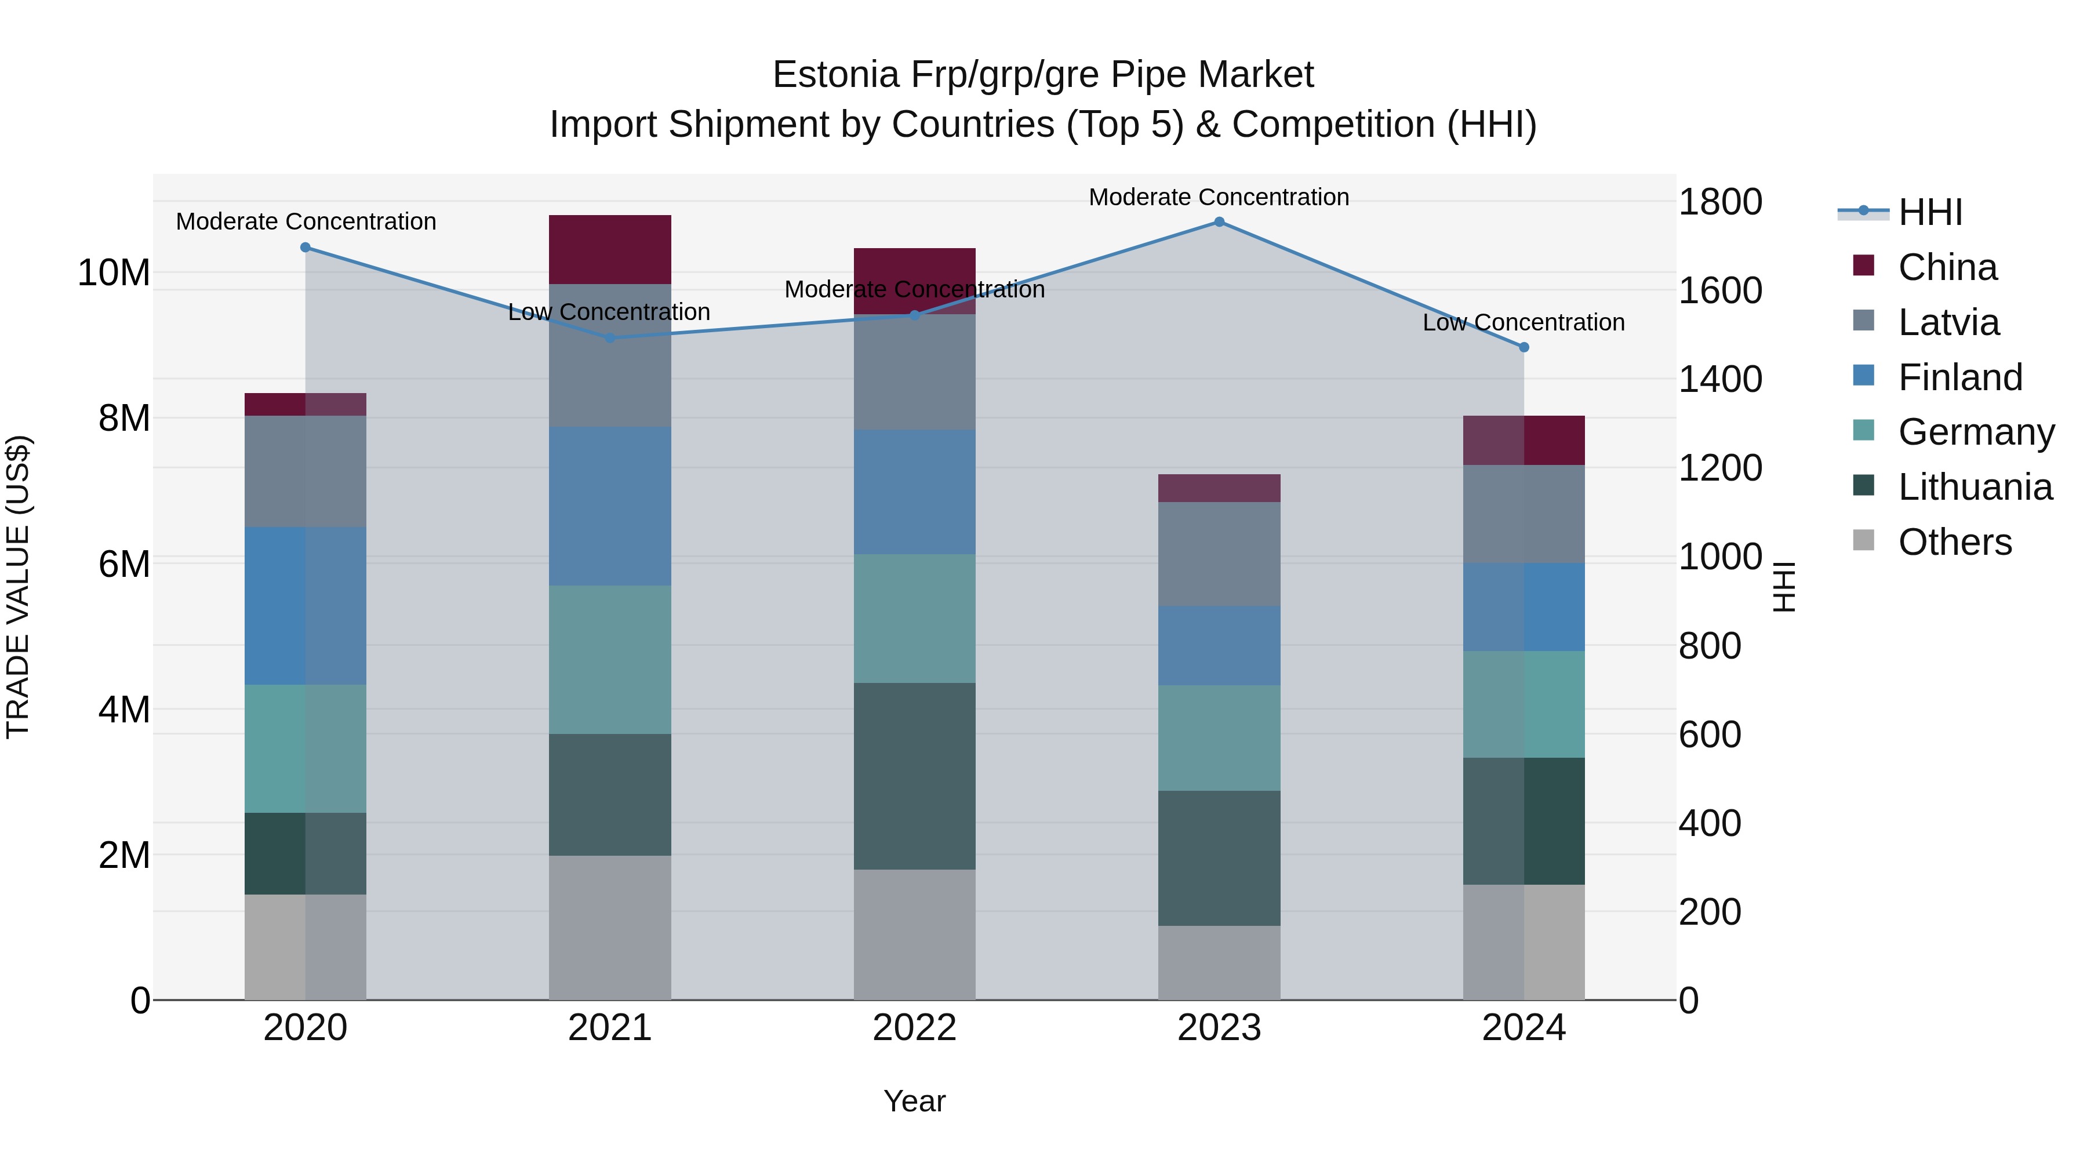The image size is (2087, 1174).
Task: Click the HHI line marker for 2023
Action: [x=1219, y=222]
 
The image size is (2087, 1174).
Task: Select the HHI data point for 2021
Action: [x=610, y=338]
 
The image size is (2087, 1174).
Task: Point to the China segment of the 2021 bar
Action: [x=610, y=249]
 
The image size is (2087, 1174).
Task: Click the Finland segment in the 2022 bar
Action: [x=915, y=492]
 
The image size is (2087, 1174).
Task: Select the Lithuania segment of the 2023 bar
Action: [x=1219, y=858]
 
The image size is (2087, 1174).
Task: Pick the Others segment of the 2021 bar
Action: [x=610, y=928]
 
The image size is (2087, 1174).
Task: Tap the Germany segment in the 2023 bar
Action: [x=1219, y=738]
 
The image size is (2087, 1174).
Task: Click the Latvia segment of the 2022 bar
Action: [x=915, y=372]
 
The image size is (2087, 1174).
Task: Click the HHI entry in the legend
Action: [x=1930, y=212]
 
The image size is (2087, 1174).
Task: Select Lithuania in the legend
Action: [x=1975, y=487]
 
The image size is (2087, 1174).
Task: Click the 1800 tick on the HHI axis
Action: [x=1719, y=202]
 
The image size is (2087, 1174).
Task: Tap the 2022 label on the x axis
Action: [x=915, y=1028]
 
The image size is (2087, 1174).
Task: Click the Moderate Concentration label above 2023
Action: [x=1219, y=197]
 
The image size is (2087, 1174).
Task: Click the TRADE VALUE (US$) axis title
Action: [x=18, y=587]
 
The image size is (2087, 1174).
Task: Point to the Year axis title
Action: [x=915, y=1101]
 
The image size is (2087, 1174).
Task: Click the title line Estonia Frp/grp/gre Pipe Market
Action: [x=1043, y=75]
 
